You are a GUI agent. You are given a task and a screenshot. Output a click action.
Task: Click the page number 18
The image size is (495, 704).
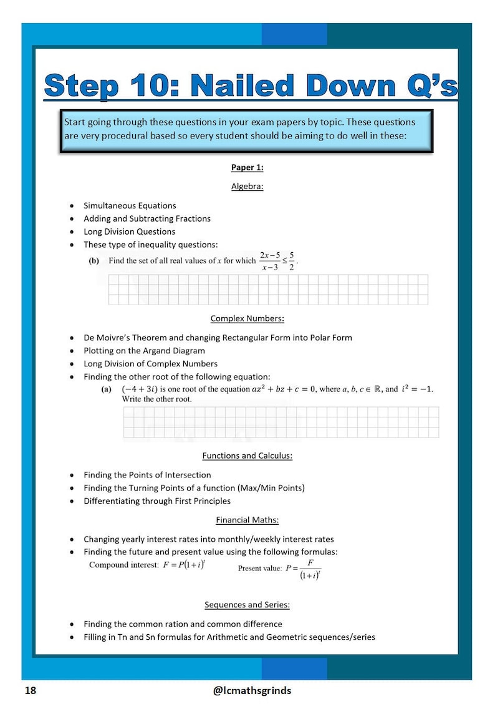30,690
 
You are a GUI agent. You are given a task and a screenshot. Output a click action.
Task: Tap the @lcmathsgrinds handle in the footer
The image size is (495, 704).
252,690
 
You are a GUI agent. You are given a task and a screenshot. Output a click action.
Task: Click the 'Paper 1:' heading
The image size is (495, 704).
247,167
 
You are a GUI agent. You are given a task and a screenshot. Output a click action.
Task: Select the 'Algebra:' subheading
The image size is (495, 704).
247,186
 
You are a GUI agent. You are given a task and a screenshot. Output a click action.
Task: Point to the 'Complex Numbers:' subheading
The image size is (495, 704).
247,318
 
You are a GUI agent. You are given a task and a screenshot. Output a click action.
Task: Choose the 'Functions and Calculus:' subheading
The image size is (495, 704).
247,456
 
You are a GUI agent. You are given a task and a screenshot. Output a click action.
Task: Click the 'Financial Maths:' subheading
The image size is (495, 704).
247,520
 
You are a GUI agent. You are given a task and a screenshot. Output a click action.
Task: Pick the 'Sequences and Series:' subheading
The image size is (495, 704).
247,605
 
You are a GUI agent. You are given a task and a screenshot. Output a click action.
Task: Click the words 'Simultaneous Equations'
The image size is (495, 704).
130,205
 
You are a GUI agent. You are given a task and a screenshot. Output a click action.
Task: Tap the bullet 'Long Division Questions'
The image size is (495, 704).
129,232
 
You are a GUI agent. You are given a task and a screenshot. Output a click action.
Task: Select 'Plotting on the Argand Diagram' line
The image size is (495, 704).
144,351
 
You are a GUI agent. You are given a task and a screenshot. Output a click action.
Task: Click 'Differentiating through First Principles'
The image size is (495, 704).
157,501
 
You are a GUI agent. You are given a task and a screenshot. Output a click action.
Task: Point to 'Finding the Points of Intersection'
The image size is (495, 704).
147,475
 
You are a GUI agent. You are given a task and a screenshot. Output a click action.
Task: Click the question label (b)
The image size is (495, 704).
94,261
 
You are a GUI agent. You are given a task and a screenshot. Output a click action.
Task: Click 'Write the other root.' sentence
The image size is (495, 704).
156,399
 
